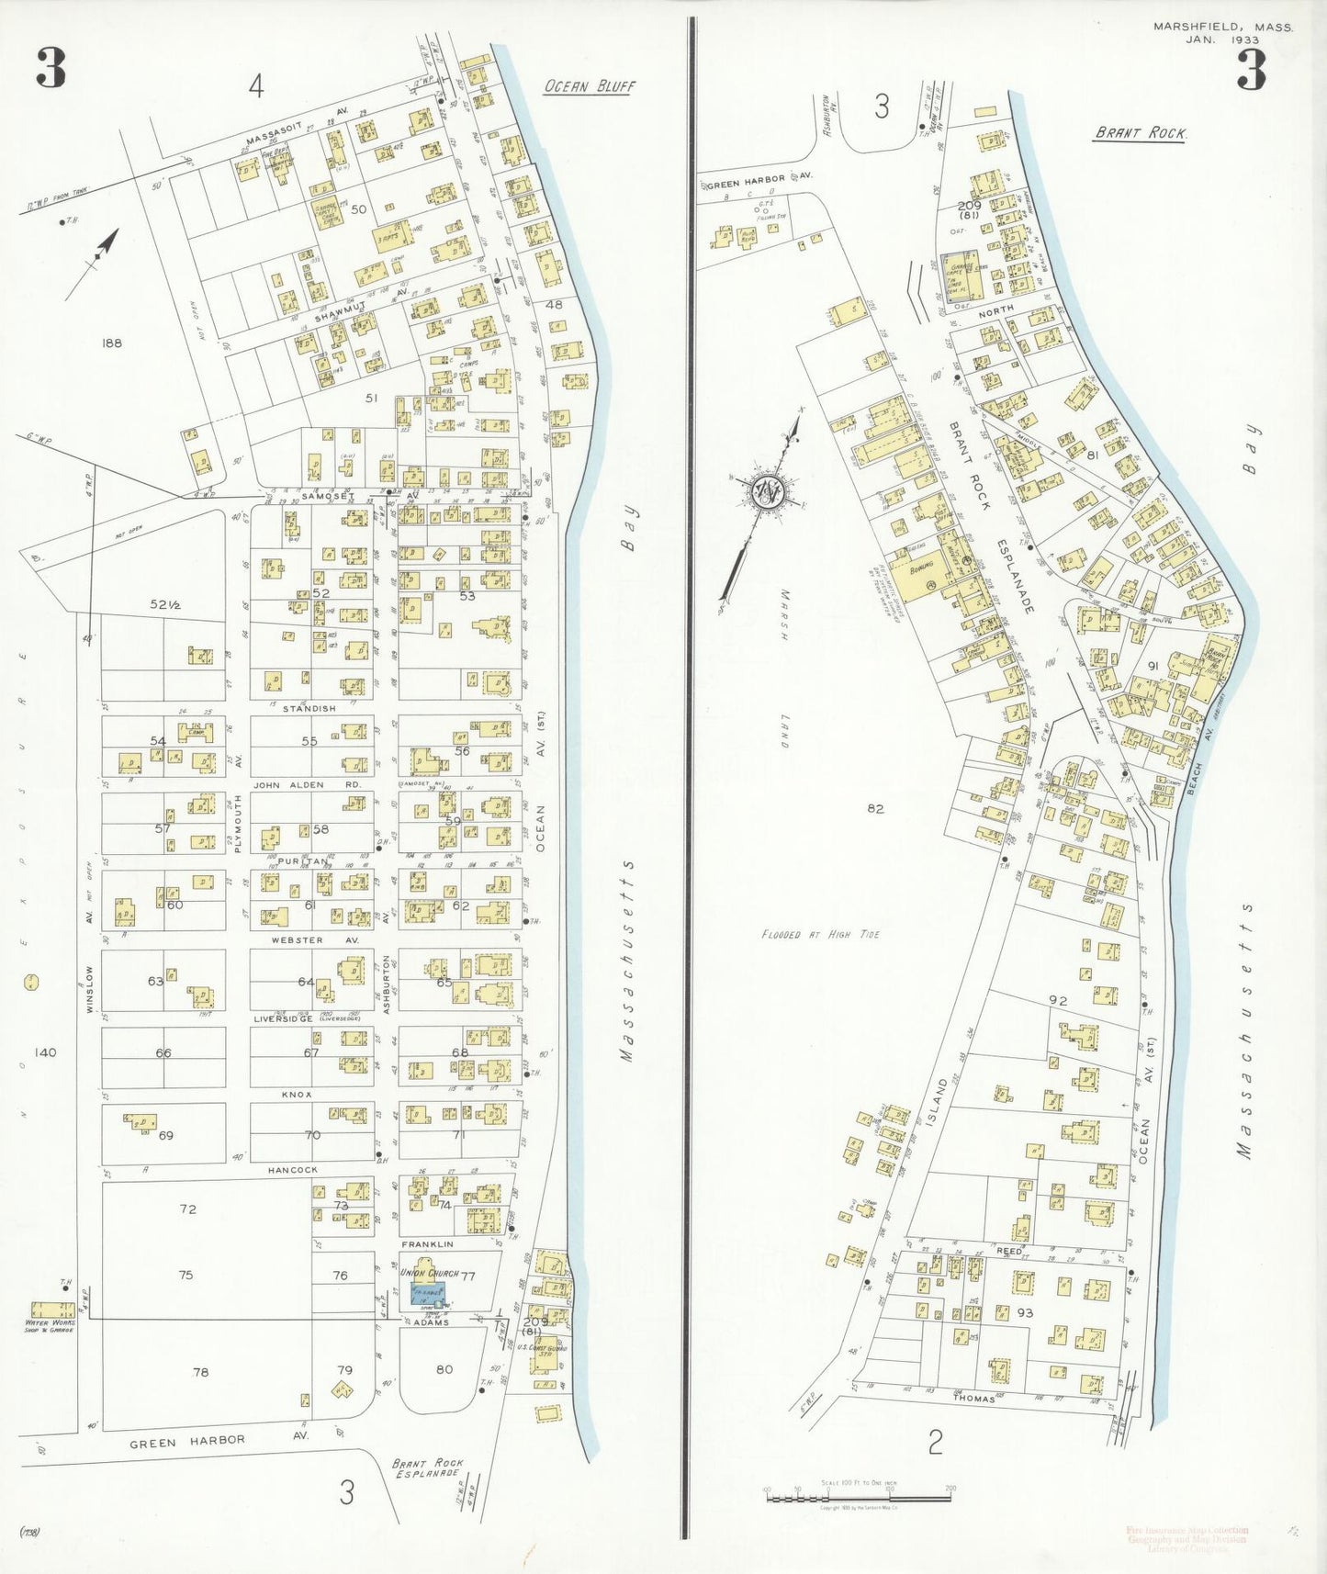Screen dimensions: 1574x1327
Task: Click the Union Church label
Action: pyautogui.click(x=430, y=1273)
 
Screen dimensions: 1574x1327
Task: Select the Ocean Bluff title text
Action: pyautogui.click(x=589, y=86)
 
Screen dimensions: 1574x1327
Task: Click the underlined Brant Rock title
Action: pyautogui.click(x=1140, y=133)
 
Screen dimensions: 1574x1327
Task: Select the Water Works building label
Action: pyautogui.click(x=50, y=1326)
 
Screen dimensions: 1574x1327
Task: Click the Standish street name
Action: pyautogui.click(x=309, y=708)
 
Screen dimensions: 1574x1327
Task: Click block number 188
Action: pyautogui.click(x=112, y=343)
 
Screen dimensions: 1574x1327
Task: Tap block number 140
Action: pyautogui.click(x=44, y=1052)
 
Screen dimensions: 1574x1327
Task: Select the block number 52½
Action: pyautogui.click(x=165, y=604)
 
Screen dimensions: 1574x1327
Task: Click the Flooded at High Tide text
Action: pyautogui.click(x=820, y=934)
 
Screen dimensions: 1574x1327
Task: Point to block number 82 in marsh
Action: pyautogui.click(x=875, y=808)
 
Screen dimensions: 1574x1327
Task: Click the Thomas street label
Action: pyautogui.click(x=973, y=1399)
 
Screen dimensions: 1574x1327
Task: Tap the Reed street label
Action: pyautogui.click(x=1008, y=1251)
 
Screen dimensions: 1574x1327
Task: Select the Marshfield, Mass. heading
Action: pyautogui.click(x=1222, y=28)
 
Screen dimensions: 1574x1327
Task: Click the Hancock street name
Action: pyautogui.click(x=293, y=1170)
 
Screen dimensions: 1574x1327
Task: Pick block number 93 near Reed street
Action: pyautogui.click(x=1025, y=1312)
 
